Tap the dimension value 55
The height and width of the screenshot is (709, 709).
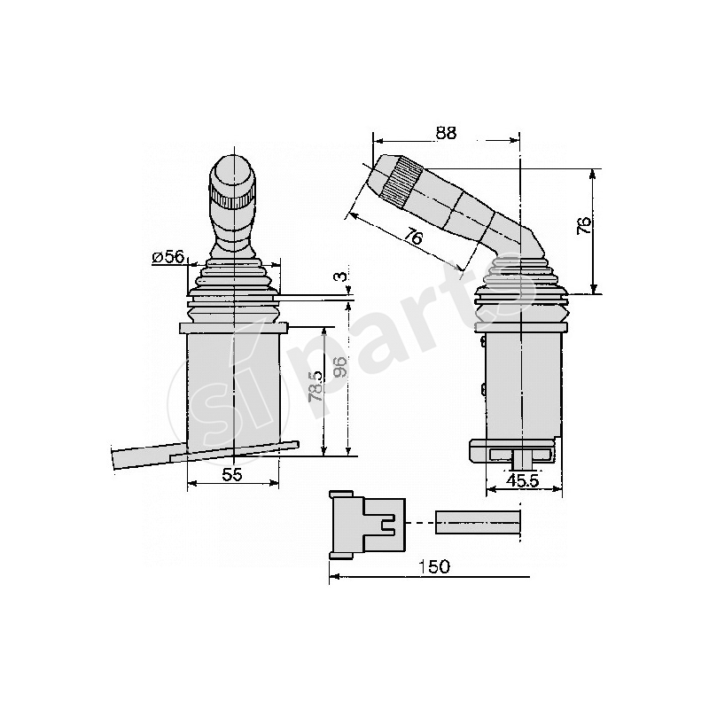coord(232,475)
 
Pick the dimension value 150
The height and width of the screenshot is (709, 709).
coord(434,566)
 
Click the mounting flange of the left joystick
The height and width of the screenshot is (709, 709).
coord(234,329)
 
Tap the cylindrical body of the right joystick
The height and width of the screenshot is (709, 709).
coord(523,381)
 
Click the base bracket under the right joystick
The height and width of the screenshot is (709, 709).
coord(514,451)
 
